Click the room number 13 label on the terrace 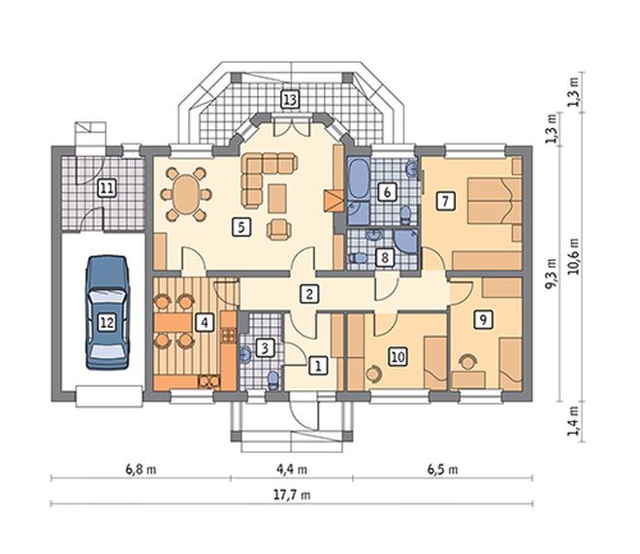[290, 100]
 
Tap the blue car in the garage [108, 312]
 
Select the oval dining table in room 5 [186, 194]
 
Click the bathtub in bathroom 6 [359, 179]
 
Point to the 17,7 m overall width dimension [292, 495]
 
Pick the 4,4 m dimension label [292, 470]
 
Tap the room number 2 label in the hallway [309, 294]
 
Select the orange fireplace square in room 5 [334, 201]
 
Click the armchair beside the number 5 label [279, 229]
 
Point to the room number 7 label [445, 201]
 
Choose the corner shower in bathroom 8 [405, 241]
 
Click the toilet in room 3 [272, 380]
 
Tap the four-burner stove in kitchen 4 [228, 335]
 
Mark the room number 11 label [107, 189]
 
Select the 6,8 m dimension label [141, 470]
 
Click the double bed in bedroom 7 [495, 200]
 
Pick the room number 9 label [483, 319]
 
